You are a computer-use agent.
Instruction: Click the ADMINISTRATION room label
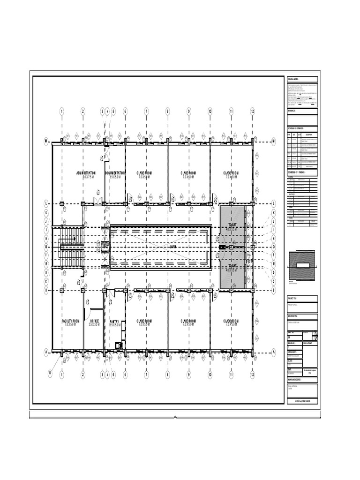tap(89, 173)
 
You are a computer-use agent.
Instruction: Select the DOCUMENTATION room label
tap(115, 173)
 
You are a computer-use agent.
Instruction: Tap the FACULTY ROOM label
tap(71, 321)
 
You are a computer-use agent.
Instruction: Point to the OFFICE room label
tap(94, 321)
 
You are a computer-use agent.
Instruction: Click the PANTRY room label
tap(115, 322)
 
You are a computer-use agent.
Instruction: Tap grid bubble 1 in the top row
tap(61, 111)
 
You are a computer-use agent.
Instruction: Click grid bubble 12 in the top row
tap(252, 111)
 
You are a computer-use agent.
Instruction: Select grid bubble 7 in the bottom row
tap(146, 375)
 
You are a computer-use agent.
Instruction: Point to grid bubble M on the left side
tap(46, 141)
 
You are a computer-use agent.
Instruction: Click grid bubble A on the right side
tap(273, 352)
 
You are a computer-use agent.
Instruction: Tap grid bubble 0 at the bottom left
tap(50, 373)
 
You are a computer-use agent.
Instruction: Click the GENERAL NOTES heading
tap(293, 80)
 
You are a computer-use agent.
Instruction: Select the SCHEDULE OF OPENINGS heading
tap(297, 128)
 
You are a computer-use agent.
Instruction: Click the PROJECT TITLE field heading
tap(294, 298)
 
